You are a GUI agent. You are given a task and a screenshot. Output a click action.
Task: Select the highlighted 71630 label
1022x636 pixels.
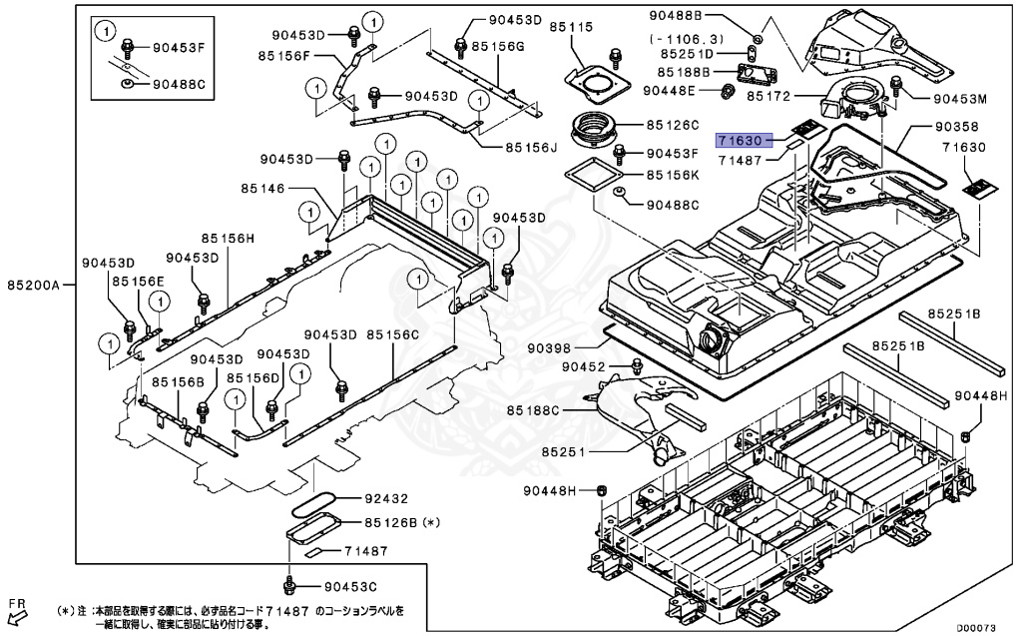pyautogui.click(x=741, y=143)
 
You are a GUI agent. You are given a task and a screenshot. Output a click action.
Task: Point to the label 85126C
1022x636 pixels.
pyautogui.click(x=674, y=126)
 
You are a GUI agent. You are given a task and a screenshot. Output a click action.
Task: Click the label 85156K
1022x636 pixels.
pyautogui.click(x=674, y=175)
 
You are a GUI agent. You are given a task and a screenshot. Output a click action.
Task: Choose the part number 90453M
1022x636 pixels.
pyautogui.click(x=960, y=99)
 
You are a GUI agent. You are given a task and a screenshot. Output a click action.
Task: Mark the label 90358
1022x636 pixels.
pyautogui.click(x=956, y=128)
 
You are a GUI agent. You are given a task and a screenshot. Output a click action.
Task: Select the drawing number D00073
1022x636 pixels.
pyautogui.click(x=977, y=628)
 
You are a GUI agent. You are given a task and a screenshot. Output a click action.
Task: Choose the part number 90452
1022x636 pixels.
pyautogui.click(x=584, y=367)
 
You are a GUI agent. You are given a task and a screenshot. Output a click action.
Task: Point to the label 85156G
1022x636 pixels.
pyautogui.click(x=499, y=46)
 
